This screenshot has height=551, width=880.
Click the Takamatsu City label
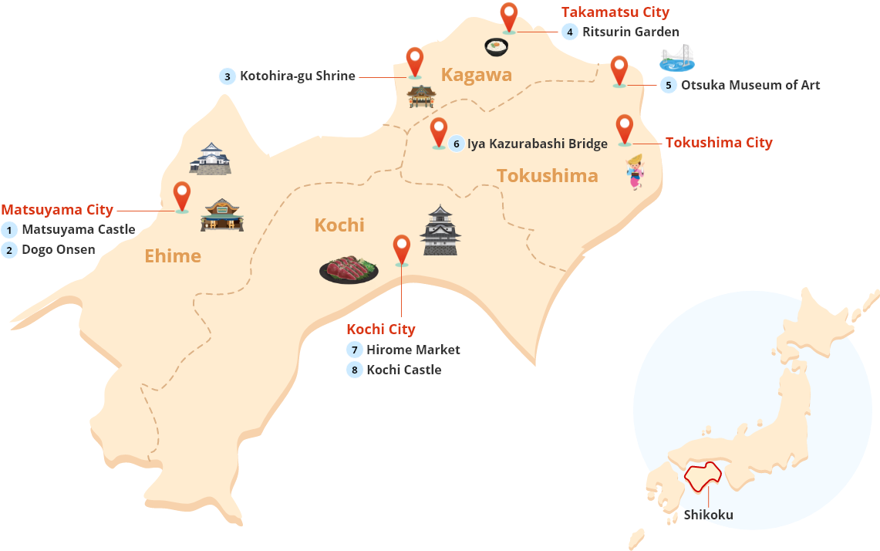coord(615,12)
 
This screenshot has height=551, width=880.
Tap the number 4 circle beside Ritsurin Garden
coord(569,32)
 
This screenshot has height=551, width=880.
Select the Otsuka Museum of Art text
coord(750,85)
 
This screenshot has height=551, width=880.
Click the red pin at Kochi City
coord(401,248)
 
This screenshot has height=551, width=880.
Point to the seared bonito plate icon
coord(349,269)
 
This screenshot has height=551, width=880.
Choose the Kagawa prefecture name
coord(476,75)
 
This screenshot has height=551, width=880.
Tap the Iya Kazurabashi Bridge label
coord(537,144)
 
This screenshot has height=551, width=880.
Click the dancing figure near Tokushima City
coord(635,171)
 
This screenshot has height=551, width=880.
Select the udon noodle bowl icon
coord(497,47)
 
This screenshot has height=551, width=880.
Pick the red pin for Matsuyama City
coord(182,195)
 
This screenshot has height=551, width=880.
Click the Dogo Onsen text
coord(59,250)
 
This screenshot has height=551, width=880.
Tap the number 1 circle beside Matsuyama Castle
coord(9,230)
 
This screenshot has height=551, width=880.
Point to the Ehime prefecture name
coord(173,256)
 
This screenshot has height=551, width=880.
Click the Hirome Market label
coord(413,350)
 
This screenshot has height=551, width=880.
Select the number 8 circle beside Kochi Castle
coord(354,370)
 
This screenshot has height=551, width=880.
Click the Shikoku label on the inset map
coord(708,515)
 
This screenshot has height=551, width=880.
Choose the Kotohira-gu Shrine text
coord(297,76)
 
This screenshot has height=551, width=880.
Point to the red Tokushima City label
coord(718,143)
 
